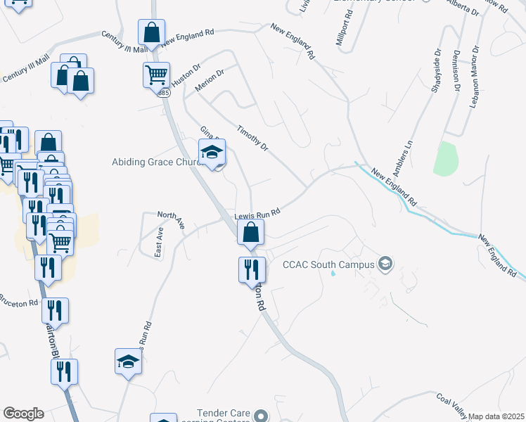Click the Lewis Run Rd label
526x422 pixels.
pos(258,213)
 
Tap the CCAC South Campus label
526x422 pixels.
pos(328,265)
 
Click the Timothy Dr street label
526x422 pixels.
pos(253,138)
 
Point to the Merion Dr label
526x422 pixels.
pos(210,78)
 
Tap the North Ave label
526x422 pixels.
pos(171,219)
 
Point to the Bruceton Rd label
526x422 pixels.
pos(18,303)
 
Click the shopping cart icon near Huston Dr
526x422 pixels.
pos(156,73)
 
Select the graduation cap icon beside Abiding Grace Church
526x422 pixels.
pos(212,151)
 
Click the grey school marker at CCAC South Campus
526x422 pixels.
pos(385,264)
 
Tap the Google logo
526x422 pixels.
pos(23,414)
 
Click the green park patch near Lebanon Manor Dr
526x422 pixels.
pos(446,158)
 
